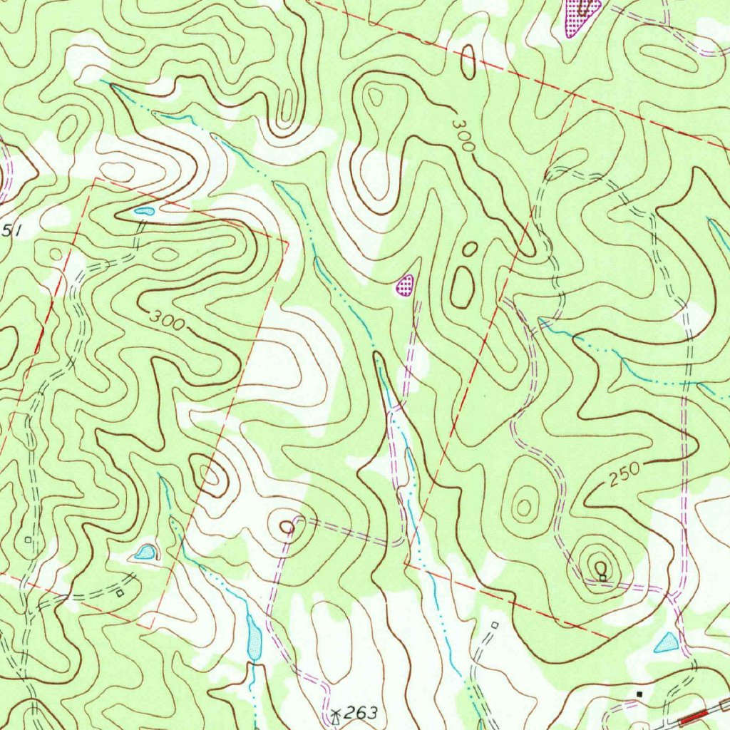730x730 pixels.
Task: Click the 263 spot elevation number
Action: (361, 712)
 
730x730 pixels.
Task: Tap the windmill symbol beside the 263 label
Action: (336, 712)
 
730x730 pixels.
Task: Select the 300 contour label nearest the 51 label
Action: (168, 321)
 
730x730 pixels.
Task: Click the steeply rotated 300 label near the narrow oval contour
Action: (463, 134)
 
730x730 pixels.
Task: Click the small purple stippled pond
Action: (405, 284)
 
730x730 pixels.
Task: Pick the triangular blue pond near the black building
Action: (667, 643)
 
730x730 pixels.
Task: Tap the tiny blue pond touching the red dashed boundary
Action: (145, 210)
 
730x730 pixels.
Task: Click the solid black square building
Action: (639, 692)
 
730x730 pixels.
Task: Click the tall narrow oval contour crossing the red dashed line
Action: (468, 62)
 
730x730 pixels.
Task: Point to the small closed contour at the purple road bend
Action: (287, 526)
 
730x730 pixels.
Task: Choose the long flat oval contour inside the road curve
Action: (668, 58)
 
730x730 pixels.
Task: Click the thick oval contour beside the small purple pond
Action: (462, 287)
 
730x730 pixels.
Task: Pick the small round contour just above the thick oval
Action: (470, 249)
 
